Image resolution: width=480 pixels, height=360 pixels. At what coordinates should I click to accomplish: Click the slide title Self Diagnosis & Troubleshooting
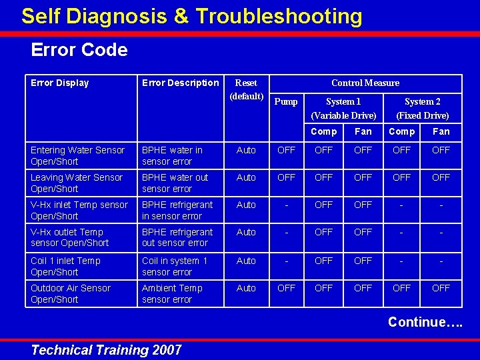pos(191,16)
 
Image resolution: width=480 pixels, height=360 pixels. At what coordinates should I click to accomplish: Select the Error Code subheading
pos(79,50)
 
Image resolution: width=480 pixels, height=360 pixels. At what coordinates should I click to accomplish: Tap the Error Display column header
pos(59,83)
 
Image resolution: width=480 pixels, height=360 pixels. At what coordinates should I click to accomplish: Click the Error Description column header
pos(180,83)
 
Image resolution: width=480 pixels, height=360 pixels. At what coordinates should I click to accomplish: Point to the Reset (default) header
pos(246,89)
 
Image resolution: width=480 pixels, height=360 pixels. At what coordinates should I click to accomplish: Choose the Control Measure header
pos(365,83)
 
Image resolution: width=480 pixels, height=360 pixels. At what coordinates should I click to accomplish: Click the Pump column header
pos(286,101)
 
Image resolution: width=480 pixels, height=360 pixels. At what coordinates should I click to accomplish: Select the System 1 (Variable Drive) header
pos(343,108)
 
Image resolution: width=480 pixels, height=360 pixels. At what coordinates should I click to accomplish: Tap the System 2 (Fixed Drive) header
pos(423,108)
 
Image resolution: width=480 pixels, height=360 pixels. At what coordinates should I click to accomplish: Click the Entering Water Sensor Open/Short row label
pos(77,155)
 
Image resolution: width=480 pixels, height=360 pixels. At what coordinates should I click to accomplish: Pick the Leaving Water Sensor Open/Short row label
pos(77,183)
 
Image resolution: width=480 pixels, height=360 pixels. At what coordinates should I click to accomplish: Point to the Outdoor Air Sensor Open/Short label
pos(71,293)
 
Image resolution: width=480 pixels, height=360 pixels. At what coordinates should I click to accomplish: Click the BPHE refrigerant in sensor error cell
pos(177,210)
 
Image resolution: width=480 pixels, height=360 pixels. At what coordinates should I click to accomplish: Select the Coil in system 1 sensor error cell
pos(175,266)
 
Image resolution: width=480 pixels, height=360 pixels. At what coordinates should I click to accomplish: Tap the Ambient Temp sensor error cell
pos(172,293)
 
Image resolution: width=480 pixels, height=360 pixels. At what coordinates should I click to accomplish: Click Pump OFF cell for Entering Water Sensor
pos(286,150)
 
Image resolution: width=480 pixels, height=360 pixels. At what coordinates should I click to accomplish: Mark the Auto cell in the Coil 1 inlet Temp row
pos(246,261)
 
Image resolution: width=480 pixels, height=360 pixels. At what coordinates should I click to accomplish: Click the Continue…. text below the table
pos(425,322)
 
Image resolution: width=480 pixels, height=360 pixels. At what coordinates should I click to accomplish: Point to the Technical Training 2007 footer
pos(106,350)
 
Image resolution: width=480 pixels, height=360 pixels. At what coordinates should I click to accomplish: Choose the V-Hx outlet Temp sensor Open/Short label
pos(69,237)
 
